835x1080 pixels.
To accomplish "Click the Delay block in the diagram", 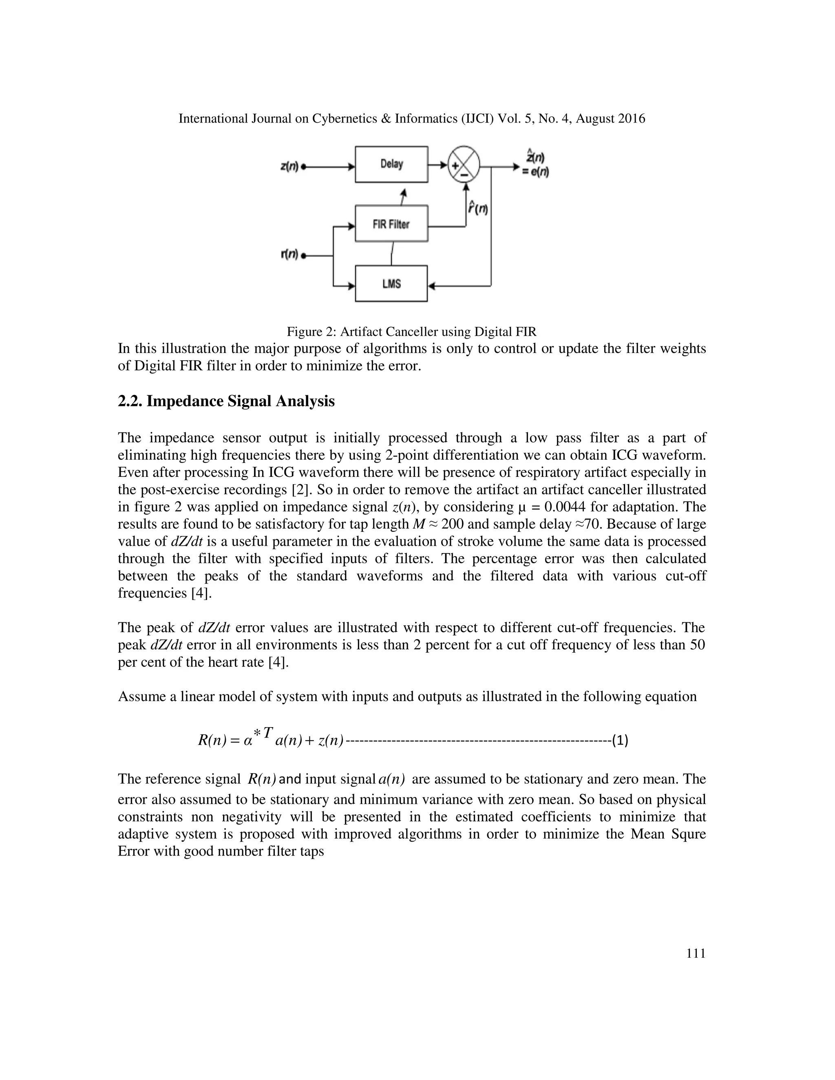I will coord(391,164).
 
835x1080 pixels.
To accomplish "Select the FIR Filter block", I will coord(391,224).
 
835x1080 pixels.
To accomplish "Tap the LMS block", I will coord(391,284).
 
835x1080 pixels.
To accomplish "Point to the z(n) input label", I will coord(289,167).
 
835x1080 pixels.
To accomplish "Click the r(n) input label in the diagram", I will coord(289,255).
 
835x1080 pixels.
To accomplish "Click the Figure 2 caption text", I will coord(411,331).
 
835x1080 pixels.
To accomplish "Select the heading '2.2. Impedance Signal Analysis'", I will coord(226,401).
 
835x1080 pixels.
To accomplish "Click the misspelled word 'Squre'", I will coord(687,834).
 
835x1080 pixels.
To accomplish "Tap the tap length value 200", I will coord(453,524).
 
